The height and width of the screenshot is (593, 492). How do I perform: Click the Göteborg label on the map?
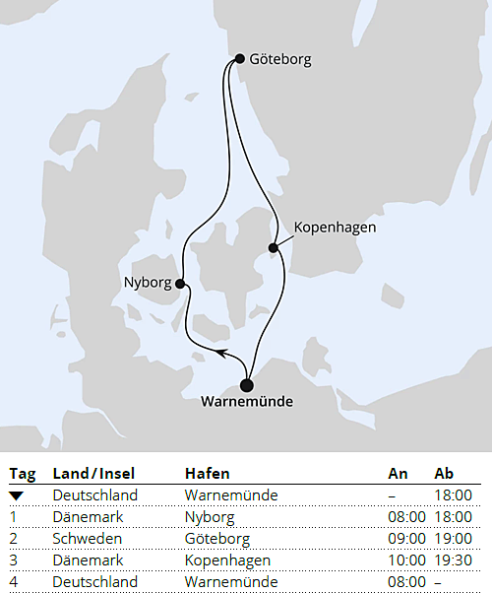[x=280, y=59]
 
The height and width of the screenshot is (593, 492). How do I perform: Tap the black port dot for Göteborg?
[x=240, y=59]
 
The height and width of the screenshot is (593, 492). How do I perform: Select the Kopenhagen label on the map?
[x=335, y=228]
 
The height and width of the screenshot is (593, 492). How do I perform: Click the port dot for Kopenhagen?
[x=274, y=247]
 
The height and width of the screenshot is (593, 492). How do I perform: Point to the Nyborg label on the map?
[x=148, y=283]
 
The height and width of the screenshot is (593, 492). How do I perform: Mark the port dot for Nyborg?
[x=180, y=284]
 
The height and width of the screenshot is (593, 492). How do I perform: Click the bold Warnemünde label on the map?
[x=246, y=402]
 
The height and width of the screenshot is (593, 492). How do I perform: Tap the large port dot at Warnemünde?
[x=247, y=385]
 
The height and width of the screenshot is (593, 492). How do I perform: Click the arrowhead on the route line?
[x=221, y=351]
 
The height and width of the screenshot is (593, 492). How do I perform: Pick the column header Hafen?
[x=207, y=474]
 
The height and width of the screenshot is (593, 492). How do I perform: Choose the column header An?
[x=398, y=474]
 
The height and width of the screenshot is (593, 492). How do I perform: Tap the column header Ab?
[x=444, y=474]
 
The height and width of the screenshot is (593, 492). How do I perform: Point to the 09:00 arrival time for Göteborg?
[x=407, y=539]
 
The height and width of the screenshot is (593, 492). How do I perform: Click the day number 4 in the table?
[x=14, y=582]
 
